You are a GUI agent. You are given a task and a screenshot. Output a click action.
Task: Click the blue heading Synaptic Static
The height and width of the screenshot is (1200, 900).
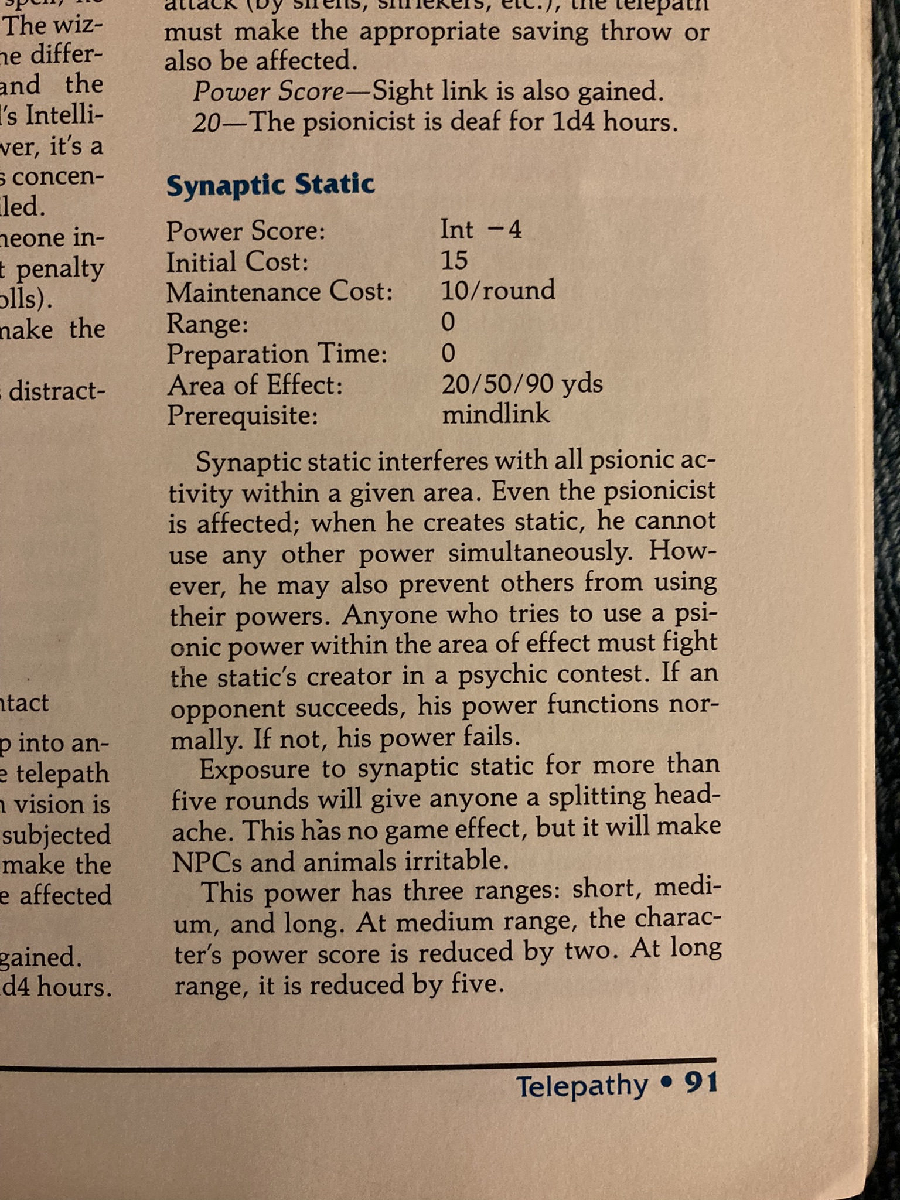(x=270, y=185)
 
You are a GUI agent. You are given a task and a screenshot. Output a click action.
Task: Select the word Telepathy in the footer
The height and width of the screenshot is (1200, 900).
(x=582, y=1086)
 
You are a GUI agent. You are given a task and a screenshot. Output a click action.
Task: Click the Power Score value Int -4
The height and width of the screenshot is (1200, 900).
(x=480, y=229)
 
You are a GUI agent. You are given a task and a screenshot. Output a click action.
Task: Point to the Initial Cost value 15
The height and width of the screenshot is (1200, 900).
(x=454, y=260)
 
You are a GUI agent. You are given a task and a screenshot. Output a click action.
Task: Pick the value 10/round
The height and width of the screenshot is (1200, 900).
(x=497, y=290)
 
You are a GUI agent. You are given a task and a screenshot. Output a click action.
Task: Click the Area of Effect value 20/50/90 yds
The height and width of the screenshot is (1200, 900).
(x=521, y=384)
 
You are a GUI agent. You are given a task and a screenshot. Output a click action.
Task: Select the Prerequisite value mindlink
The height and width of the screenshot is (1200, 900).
(x=496, y=414)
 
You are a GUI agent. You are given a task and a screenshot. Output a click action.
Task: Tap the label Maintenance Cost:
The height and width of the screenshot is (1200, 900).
(x=279, y=291)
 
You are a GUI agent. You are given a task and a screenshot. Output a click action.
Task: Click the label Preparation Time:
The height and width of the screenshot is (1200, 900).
(x=277, y=354)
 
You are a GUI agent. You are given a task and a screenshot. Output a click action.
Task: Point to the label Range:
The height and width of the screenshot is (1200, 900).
(x=207, y=323)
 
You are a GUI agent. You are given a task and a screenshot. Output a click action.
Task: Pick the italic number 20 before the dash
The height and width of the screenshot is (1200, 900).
(x=205, y=122)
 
